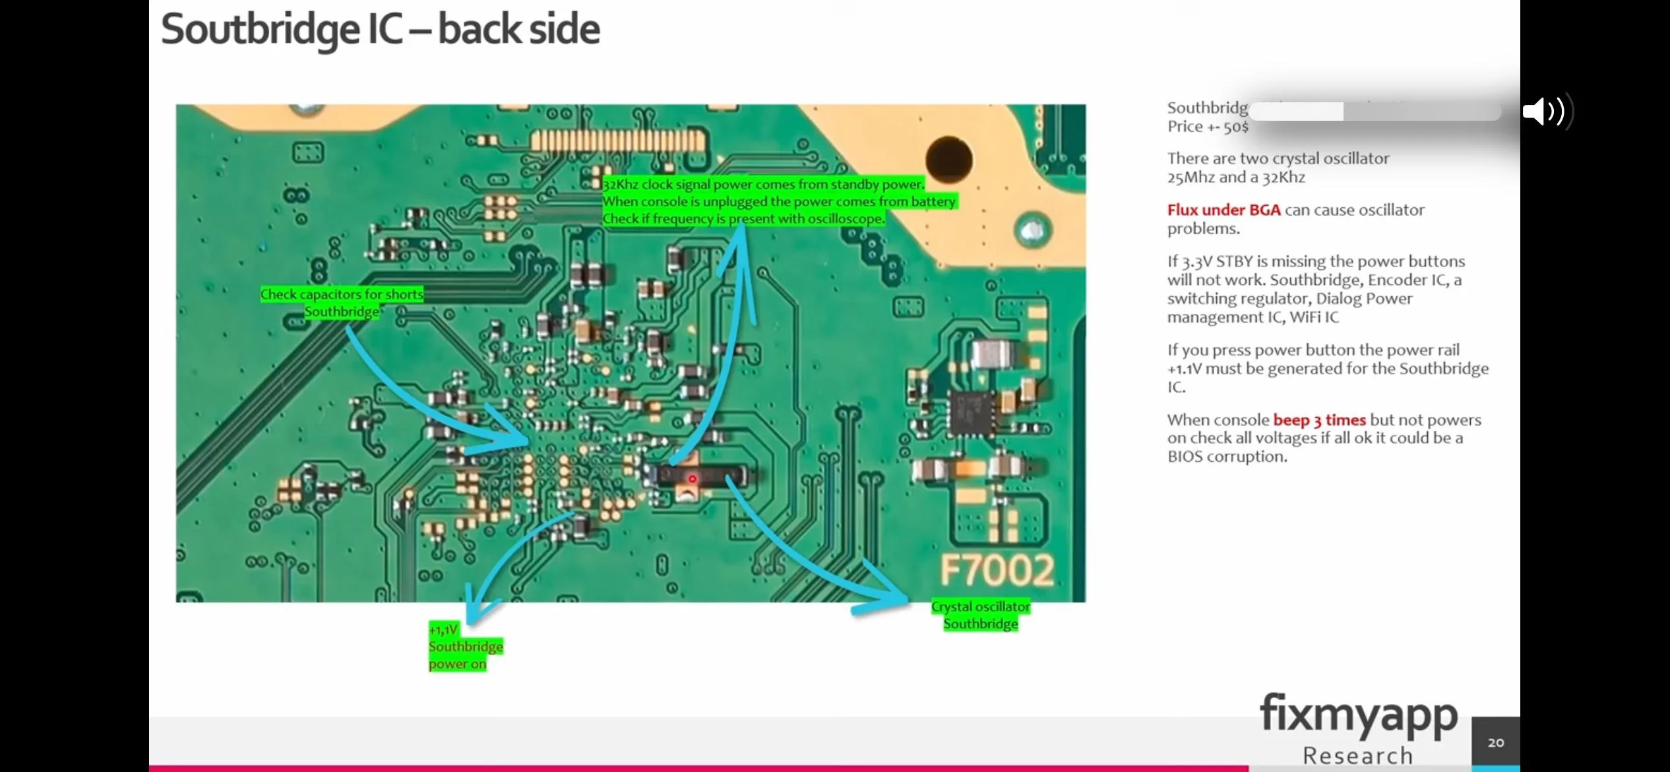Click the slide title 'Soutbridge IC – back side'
click(x=380, y=30)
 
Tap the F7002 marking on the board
click(x=996, y=571)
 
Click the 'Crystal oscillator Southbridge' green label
click(x=980, y=615)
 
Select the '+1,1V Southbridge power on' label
click(x=464, y=647)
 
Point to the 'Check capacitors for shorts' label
click(x=342, y=295)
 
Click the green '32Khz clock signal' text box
click(x=778, y=201)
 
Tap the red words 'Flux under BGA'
click(x=1223, y=210)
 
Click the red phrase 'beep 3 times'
click(x=1319, y=420)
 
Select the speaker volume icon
click(x=1543, y=111)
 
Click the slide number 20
click(x=1496, y=742)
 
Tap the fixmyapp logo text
click(x=1359, y=715)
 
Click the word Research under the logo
click(x=1358, y=756)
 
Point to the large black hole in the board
click(x=948, y=159)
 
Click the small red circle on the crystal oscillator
click(x=692, y=478)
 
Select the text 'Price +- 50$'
click(x=1208, y=127)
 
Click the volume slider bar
click(x=1375, y=111)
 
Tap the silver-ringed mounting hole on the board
click(x=1032, y=230)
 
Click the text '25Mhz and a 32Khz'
click(x=1236, y=177)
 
